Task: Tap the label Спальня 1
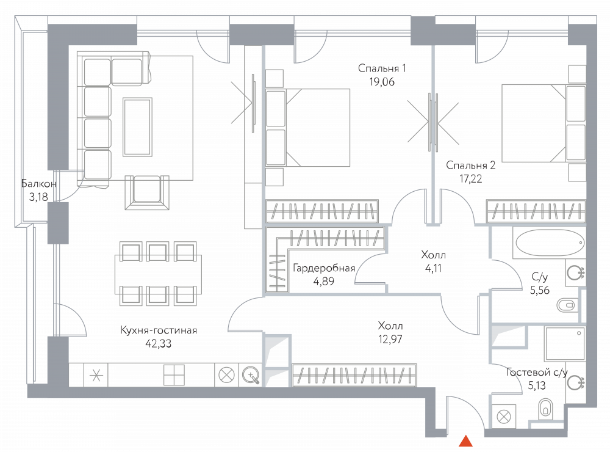click(x=382, y=69)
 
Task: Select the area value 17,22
click(x=470, y=178)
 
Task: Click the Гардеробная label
click(x=323, y=268)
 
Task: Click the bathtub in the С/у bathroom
click(x=548, y=243)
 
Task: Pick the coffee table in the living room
click(x=137, y=126)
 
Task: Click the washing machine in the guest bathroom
click(x=504, y=417)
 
